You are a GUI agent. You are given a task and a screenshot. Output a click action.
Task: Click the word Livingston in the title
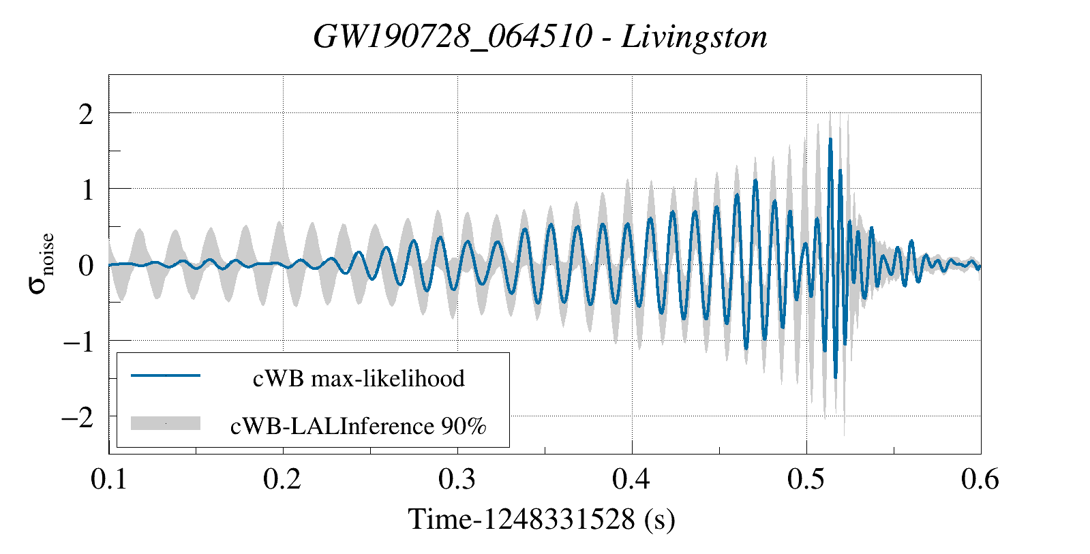click(695, 37)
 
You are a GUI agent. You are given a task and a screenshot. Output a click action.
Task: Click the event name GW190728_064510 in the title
click(452, 37)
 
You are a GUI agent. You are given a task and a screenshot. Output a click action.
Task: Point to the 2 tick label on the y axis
click(86, 114)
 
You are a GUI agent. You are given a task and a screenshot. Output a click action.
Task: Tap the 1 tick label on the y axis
click(87, 190)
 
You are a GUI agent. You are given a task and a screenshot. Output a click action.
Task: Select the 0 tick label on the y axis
click(86, 266)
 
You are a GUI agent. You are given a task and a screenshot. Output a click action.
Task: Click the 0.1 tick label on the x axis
click(109, 480)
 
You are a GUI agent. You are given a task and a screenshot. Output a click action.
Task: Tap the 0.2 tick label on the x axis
click(283, 480)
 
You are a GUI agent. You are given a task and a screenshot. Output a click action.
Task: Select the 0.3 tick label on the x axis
click(457, 480)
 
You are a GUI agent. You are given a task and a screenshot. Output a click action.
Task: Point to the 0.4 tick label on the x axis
click(632, 480)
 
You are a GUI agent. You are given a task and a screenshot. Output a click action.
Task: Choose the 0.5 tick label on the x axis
click(806, 480)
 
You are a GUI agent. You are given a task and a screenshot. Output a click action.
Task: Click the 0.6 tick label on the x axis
click(980, 480)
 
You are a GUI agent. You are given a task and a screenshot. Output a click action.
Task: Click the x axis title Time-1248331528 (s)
click(542, 520)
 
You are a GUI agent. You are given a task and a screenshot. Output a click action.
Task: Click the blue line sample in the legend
click(165, 375)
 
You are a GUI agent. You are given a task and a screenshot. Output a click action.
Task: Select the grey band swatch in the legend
click(165, 423)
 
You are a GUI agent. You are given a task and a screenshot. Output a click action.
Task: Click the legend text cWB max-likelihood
click(359, 378)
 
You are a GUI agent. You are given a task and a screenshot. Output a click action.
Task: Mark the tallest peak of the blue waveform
click(830, 140)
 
